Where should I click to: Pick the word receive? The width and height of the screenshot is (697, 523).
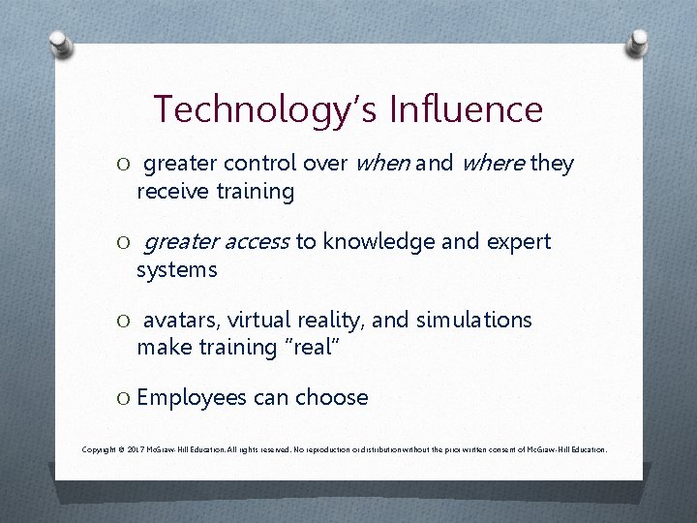point(173,192)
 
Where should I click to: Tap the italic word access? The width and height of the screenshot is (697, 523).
point(257,242)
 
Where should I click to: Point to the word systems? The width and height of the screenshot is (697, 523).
point(177,269)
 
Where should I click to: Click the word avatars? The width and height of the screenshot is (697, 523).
point(181,321)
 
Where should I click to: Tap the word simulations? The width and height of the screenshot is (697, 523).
point(474,321)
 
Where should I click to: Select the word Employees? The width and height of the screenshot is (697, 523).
point(192,398)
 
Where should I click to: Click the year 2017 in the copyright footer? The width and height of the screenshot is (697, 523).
point(136,450)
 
